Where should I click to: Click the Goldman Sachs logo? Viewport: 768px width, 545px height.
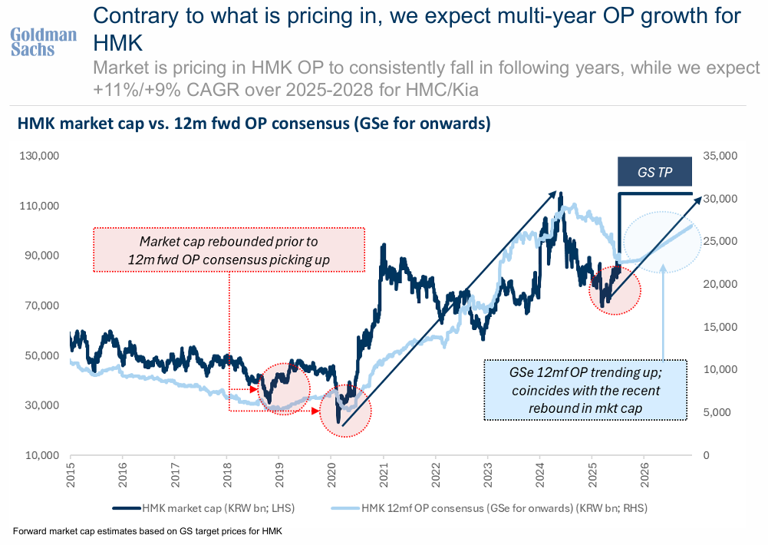[43, 41]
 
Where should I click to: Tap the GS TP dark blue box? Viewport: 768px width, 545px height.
[654, 172]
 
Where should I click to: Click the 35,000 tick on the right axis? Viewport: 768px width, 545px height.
[721, 156]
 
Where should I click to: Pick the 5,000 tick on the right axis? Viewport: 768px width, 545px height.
[724, 412]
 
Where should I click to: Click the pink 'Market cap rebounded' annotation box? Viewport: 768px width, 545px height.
[229, 249]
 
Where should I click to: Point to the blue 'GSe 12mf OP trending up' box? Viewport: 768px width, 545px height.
[586, 390]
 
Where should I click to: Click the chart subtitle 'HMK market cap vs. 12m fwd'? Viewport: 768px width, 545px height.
[253, 124]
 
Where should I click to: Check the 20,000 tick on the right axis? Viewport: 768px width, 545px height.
[721, 284]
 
